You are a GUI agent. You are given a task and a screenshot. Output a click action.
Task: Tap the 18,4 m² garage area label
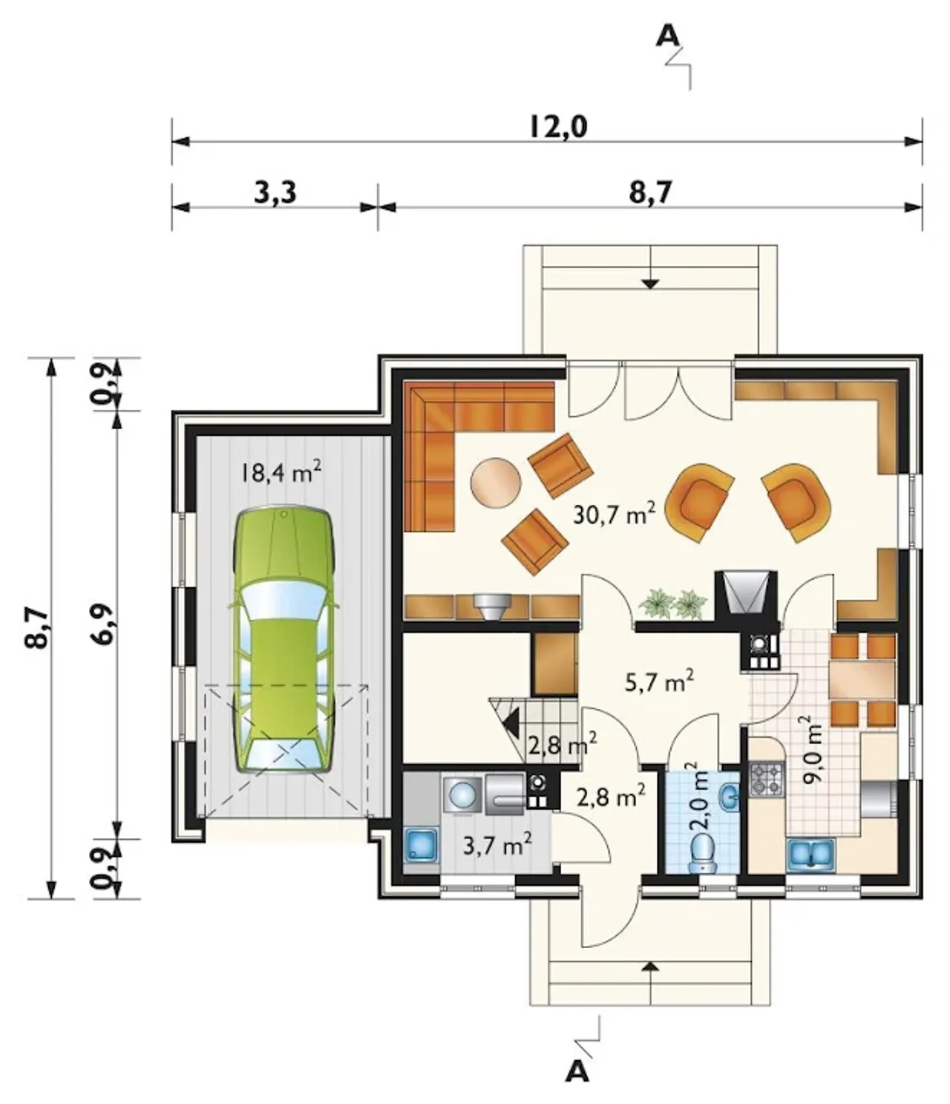tap(281, 472)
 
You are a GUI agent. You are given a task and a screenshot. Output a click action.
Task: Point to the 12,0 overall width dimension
tap(558, 128)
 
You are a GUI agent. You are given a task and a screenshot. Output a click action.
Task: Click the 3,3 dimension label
tap(275, 193)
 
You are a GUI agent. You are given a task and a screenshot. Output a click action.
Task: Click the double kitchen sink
tap(810, 853)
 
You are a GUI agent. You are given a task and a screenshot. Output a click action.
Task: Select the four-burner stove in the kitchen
tap(767, 780)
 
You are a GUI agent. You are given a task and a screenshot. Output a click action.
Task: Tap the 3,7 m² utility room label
tap(497, 844)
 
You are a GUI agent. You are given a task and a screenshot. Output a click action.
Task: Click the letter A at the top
tap(669, 36)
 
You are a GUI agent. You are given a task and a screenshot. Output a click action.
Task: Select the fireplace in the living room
tap(745, 595)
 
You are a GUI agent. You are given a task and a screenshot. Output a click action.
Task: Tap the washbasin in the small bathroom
tap(729, 800)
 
